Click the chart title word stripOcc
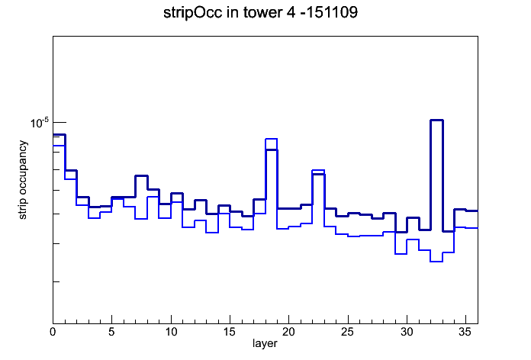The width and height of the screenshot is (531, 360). [193, 13]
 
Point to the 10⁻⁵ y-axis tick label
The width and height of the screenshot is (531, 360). [40, 123]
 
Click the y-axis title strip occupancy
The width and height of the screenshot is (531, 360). [22, 180]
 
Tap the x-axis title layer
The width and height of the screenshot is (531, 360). [265, 343]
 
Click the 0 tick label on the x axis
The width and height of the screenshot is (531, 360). [53, 332]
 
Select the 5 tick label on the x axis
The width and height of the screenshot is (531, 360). [111, 332]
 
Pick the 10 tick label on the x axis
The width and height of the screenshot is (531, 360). [171, 332]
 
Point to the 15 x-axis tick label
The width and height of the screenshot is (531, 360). [230, 332]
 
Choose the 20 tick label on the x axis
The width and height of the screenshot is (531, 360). [288, 332]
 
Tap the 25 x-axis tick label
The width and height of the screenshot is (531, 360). [347, 332]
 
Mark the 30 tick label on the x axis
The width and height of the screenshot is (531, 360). [407, 332]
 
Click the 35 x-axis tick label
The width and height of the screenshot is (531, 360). [465, 332]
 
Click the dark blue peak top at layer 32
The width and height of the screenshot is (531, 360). [436, 120]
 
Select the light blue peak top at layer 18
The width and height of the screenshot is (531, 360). [272, 139]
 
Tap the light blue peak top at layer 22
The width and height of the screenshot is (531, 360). [318, 170]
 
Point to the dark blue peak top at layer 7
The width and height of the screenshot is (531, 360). [142, 175]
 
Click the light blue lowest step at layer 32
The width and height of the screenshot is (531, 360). [436, 262]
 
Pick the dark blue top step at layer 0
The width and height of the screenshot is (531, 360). [59, 134]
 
